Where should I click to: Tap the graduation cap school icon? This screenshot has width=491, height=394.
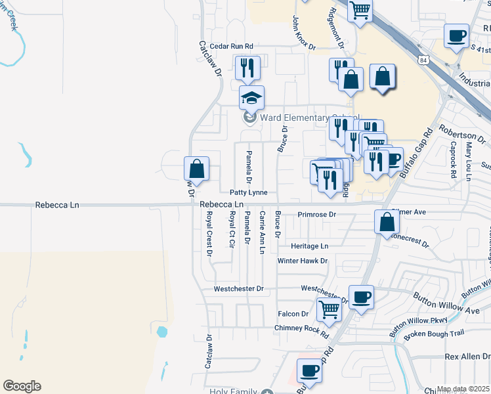pyautogui.click(x=251, y=98)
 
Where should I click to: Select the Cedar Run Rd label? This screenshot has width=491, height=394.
pyautogui.click(x=231, y=47)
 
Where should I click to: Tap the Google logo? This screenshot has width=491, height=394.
pyautogui.click(x=22, y=386)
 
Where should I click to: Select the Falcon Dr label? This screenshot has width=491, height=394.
pyautogui.click(x=293, y=314)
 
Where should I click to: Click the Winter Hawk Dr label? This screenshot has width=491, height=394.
pyautogui.click(x=302, y=261)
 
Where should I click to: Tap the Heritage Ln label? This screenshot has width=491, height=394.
pyautogui.click(x=310, y=246)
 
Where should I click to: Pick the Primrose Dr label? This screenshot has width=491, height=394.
pyautogui.click(x=316, y=215)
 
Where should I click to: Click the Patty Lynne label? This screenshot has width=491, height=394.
pyautogui.click(x=248, y=192)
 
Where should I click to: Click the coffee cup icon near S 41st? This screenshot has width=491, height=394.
pyautogui.click(x=456, y=36)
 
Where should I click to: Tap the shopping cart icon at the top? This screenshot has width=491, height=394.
pyautogui.click(x=360, y=11)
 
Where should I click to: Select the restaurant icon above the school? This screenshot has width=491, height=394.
pyautogui.click(x=247, y=68)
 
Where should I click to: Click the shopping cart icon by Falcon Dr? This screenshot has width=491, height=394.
pyautogui.click(x=329, y=309)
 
